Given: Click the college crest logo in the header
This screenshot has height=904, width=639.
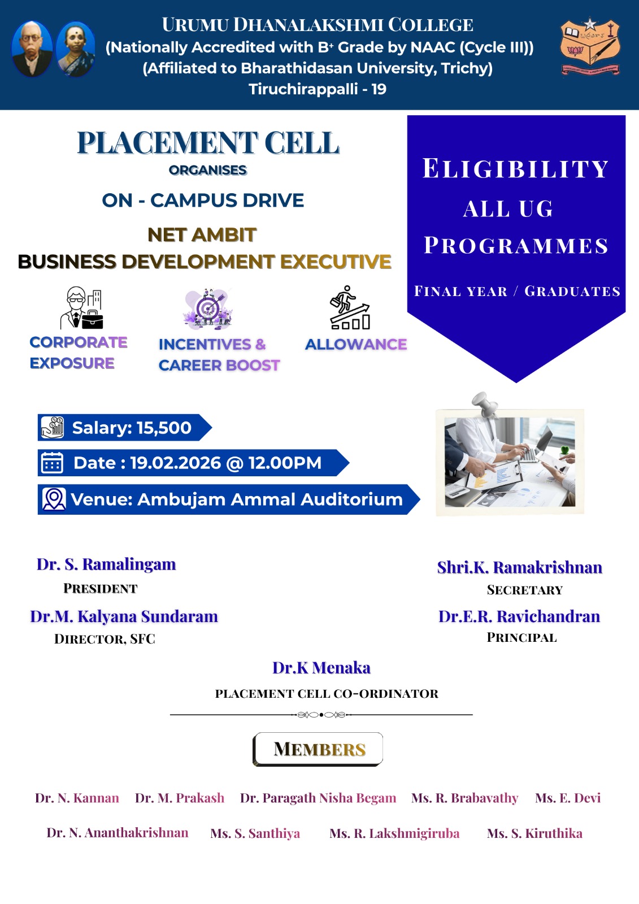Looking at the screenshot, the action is (x=590, y=46).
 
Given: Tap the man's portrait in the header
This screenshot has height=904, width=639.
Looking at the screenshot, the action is (x=32, y=49).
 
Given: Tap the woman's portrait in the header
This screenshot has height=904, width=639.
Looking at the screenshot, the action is (x=76, y=49).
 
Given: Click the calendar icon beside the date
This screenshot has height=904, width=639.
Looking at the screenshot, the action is (x=52, y=463).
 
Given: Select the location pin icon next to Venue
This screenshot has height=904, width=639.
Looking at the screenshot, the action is (x=54, y=499).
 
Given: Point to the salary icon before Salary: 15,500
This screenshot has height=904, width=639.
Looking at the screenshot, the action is (x=53, y=427).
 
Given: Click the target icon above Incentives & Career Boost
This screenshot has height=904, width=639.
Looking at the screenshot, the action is (x=208, y=308).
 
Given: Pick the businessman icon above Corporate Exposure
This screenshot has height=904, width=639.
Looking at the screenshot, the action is (x=81, y=307).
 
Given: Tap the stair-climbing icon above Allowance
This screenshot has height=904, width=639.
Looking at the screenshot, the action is (x=350, y=307).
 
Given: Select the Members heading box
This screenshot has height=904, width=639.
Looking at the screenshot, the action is (x=318, y=749).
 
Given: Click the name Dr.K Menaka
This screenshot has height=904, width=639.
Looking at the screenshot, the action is (x=321, y=668).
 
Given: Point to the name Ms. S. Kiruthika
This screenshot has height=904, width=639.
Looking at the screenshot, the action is (x=534, y=833).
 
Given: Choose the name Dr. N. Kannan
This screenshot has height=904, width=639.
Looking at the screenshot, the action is (x=77, y=798).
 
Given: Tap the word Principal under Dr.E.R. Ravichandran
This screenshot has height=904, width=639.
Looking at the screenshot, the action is (x=521, y=637).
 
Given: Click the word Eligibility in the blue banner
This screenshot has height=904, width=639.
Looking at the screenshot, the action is (x=515, y=168).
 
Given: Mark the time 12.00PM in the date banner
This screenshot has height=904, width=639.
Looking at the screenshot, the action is (x=285, y=463).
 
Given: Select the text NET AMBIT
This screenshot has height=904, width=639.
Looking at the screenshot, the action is (x=202, y=235).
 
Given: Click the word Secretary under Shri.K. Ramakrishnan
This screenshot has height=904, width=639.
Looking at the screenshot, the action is (x=524, y=590).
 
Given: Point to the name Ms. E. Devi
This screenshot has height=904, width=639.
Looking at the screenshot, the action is (x=568, y=798).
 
